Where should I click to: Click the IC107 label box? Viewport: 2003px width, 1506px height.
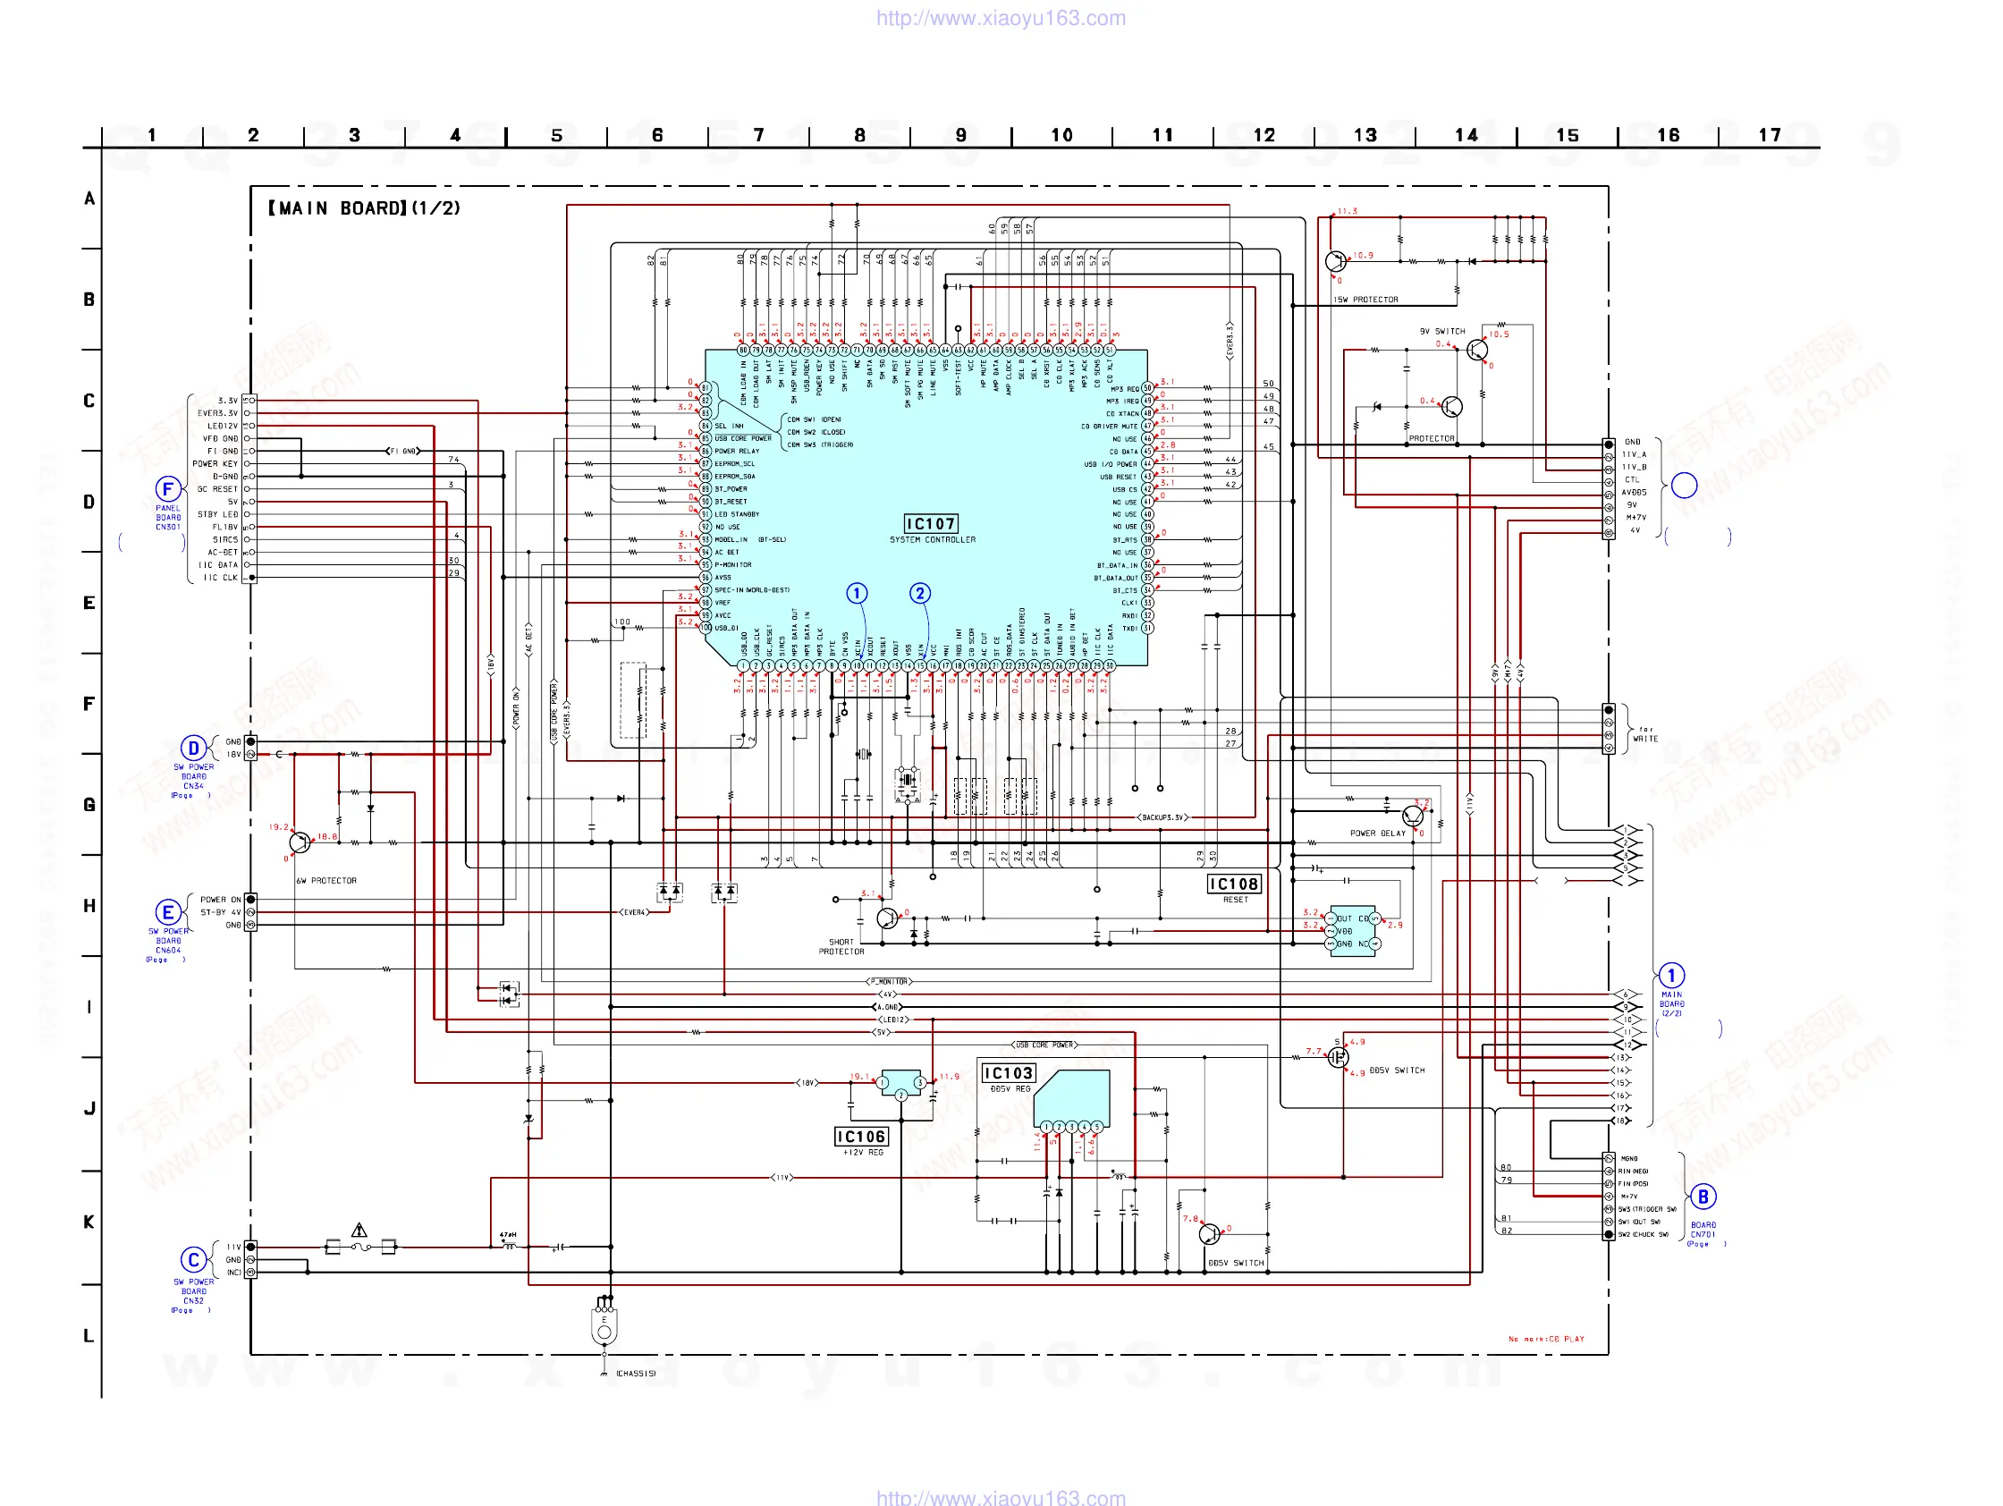click(x=931, y=523)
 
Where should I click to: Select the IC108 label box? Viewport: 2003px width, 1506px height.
click(x=1233, y=884)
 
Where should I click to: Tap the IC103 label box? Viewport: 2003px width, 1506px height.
click(x=1008, y=1073)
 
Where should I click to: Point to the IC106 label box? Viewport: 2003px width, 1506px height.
click(x=860, y=1137)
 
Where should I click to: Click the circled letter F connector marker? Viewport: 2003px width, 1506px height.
click(x=167, y=489)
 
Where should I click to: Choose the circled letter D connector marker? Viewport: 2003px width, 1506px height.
click(x=193, y=748)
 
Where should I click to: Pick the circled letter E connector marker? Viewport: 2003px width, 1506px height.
click(x=167, y=912)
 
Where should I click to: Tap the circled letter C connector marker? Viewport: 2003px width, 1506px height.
click(x=193, y=1260)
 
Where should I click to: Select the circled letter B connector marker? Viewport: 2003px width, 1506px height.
click(x=1703, y=1197)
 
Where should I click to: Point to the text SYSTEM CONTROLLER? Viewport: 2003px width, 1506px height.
click(x=932, y=540)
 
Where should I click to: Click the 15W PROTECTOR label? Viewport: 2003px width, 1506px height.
click(x=1365, y=300)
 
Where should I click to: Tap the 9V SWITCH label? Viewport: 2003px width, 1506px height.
click(x=1441, y=332)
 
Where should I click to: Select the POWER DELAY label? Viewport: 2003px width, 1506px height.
click(x=1377, y=833)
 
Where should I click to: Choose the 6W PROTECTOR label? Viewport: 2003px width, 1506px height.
click(x=326, y=880)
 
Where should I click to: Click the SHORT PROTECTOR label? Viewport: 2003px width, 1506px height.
click(x=841, y=946)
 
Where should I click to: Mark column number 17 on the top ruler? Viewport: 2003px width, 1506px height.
click(x=1769, y=135)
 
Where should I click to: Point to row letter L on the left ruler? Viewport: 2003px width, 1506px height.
click(x=89, y=1335)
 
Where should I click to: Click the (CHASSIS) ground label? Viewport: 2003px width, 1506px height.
click(x=636, y=1374)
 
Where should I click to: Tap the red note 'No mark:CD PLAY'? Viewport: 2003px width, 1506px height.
click(x=1546, y=1339)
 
